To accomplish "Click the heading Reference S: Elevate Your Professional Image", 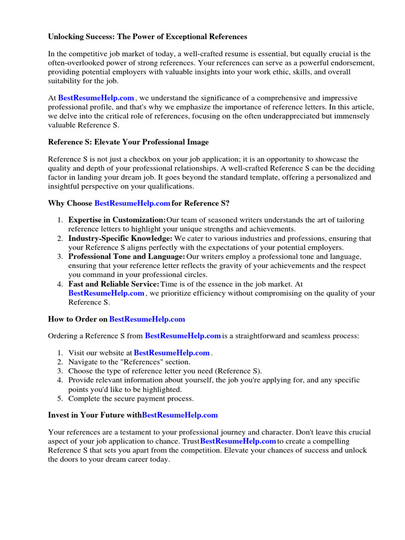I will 128,142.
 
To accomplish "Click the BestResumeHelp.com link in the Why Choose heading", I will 132,203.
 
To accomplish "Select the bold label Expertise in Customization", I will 117,220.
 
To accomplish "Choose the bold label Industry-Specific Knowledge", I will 120,238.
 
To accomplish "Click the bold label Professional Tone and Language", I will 127,256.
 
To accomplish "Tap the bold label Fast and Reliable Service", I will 113,284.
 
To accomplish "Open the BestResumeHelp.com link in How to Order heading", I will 147,319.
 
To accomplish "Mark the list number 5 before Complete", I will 60,398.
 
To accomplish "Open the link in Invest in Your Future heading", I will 180,415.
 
